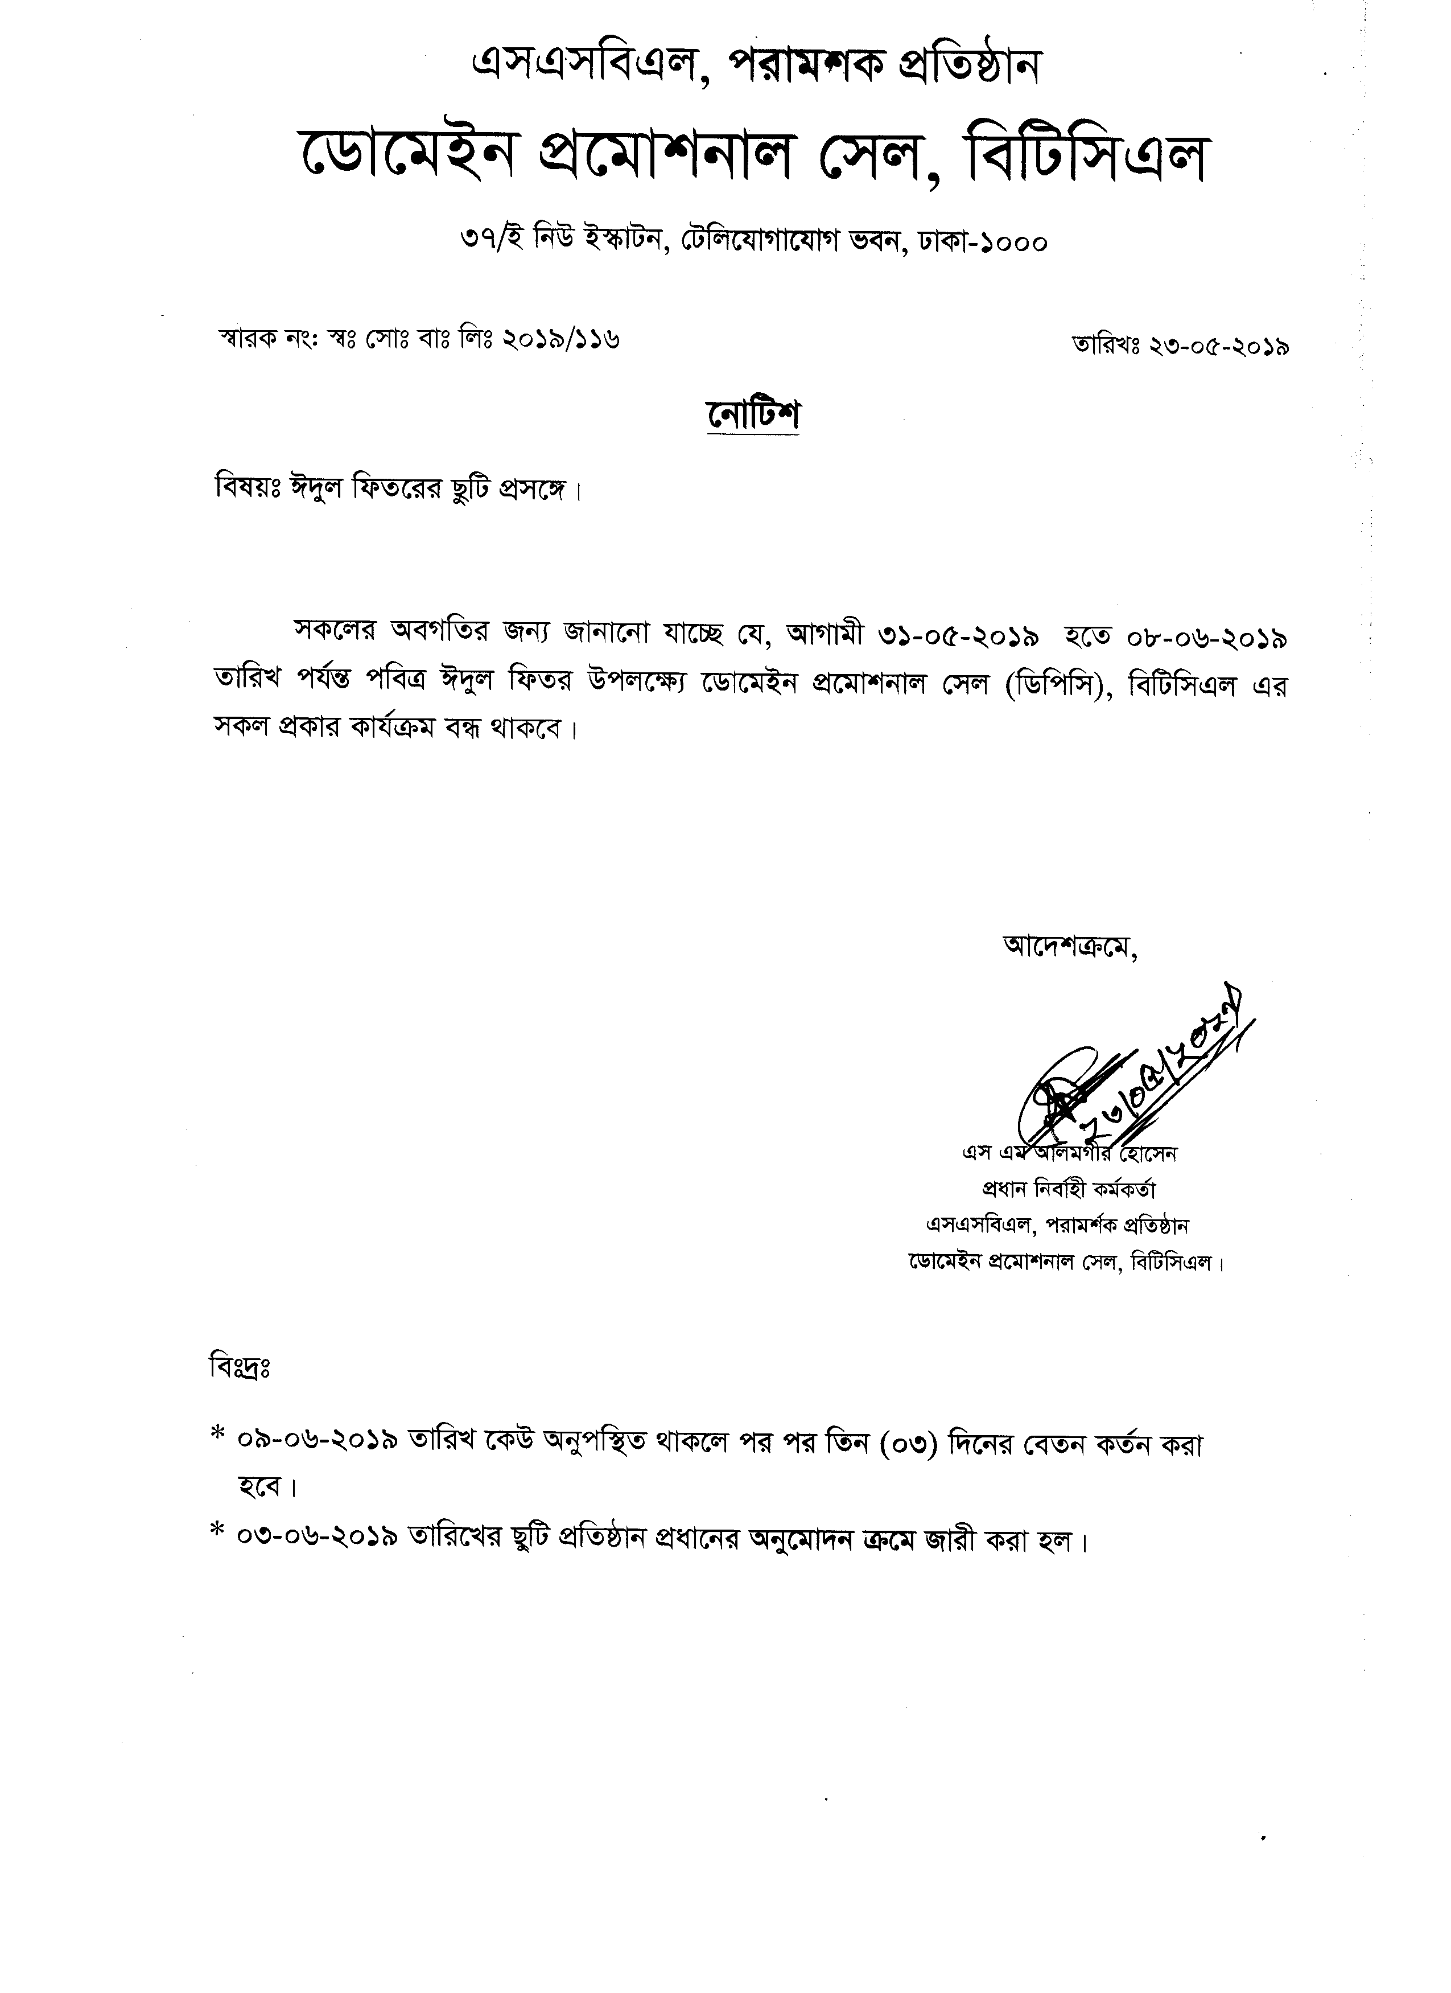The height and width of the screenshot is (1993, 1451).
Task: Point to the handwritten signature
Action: (x=1133, y=1076)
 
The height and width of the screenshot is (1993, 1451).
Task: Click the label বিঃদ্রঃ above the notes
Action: (x=240, y=1368)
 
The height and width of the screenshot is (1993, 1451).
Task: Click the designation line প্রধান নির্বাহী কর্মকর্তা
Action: (x=1068, y=1189)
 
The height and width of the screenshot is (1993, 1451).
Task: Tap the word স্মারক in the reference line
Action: (x=249, y=338)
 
